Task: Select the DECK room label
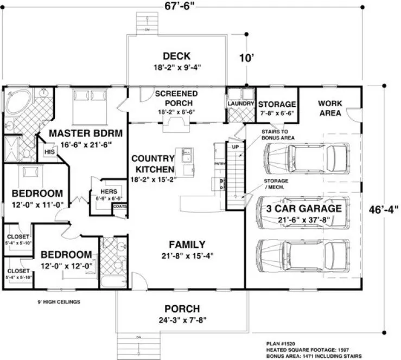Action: [176, 56]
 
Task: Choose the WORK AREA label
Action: [329, 108]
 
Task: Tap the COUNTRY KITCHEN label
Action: [154, 164]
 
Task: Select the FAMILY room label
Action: [187, 244]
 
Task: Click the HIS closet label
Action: [49, 152]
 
